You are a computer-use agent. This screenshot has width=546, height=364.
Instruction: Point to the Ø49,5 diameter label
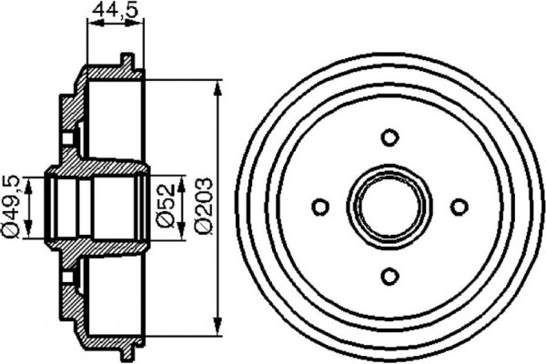[x=11, y=207]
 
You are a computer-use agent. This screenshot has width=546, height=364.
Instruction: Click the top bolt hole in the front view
[x=389, y=137]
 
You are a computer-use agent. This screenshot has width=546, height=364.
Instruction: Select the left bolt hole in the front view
[x=320, y=207]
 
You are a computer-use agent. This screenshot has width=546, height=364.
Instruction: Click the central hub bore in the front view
[x=389, y=207]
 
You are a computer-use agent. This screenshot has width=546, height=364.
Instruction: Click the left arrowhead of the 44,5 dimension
[x=90, y=26]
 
